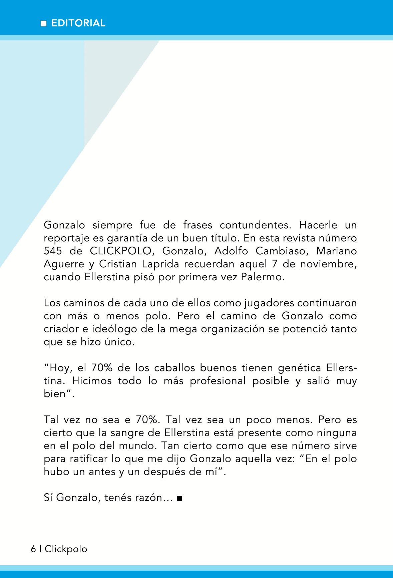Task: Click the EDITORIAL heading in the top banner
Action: (78, 23)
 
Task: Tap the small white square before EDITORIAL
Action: (43, 24)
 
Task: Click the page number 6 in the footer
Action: (33, 549)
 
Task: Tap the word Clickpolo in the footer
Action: (66, 549)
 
